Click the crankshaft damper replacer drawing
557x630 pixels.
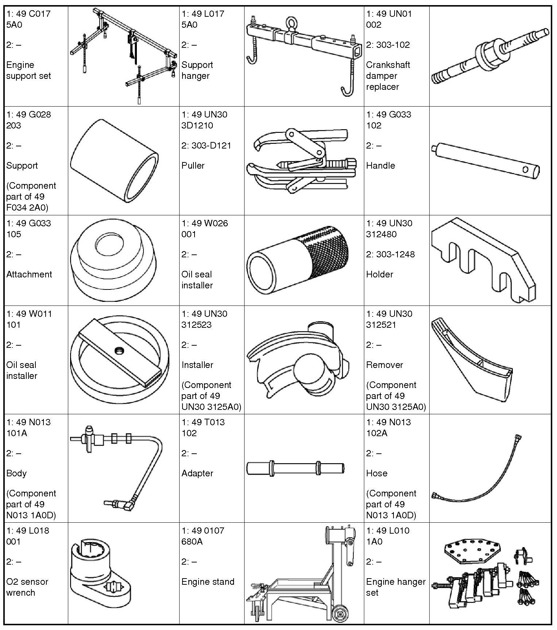(489, 57)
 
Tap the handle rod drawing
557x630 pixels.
(485, 161)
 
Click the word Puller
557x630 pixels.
(193, 165)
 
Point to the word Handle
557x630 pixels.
(380, 165)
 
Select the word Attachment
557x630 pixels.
(29, 274)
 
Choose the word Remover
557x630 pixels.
(384, 365)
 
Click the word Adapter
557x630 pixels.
(197, 473)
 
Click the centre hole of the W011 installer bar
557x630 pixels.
(118, 351)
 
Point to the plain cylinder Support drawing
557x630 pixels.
(114, 161)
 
